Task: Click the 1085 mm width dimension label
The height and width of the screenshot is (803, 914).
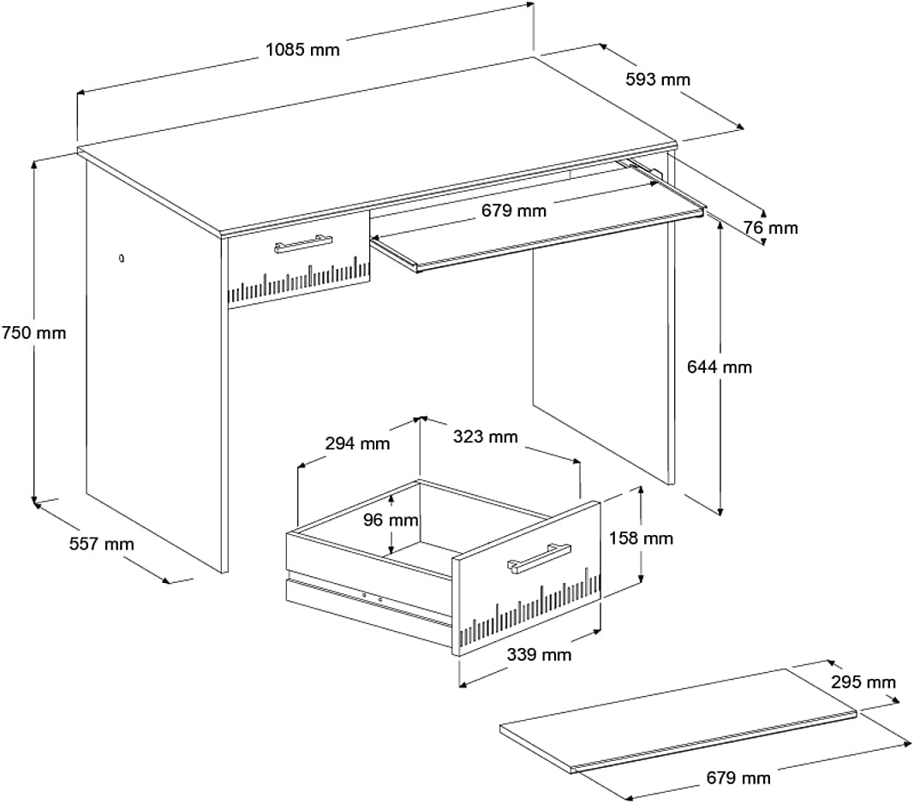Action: point(302,49)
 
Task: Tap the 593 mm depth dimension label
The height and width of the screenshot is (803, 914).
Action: point(657,80)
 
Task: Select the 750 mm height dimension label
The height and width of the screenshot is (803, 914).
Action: point(33,332)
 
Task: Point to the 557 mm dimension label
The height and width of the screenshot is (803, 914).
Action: point(101,544)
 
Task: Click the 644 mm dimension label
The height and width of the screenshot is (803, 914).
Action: point(720,367)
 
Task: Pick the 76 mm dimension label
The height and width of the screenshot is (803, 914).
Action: point(770,228)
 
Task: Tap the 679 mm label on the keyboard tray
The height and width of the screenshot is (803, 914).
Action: point(513,210)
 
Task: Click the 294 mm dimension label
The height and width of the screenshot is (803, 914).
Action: point(357,443)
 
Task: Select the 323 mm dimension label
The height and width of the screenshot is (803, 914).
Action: point(485,437)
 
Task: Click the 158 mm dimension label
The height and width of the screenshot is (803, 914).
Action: point(641,538)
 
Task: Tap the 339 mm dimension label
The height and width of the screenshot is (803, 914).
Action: point(539,655)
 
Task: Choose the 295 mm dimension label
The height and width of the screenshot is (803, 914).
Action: point(863,682)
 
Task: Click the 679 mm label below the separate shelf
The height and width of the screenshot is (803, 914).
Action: point(738,778)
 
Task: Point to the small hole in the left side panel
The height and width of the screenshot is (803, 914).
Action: point(122,257)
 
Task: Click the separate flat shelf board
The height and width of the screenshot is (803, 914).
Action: point(677,718)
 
